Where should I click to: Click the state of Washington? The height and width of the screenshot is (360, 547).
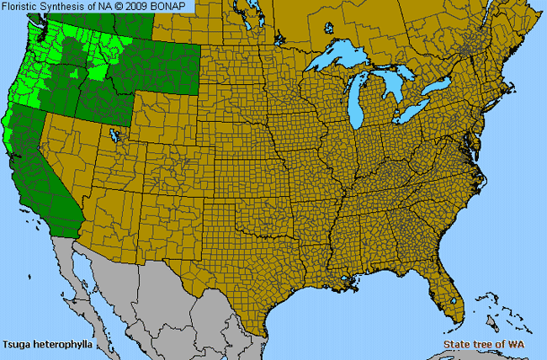50,38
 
